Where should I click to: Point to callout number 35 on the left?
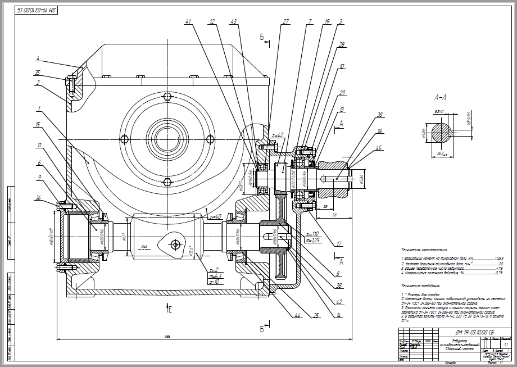[x=38, y=73]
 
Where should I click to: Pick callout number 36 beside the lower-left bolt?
[x=38, y=197]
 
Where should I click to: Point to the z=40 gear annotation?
[x=215, y=216]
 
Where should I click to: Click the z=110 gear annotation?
[x=312, y=233]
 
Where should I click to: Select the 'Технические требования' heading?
[x=421, y=285]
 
